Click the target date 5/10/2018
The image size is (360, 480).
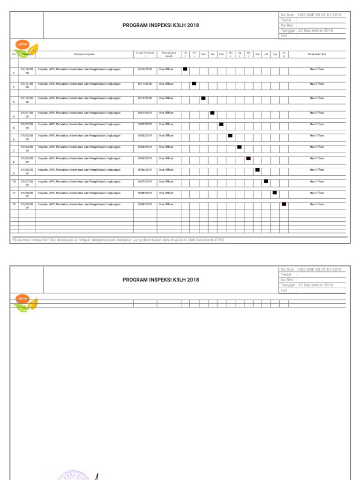point(145,69)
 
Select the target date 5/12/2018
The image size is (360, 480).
point(145,98)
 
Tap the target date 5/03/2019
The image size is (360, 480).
point(145,135)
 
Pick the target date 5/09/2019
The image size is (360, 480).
point(145,204)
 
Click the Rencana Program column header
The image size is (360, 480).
point(84,54)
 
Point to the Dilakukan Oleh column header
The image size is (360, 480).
point(317,54)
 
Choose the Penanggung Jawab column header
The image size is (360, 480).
point(169,54)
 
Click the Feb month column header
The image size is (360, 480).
point(221,54)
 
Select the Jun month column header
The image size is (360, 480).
point(257,54)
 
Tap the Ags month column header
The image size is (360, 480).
point(275,54)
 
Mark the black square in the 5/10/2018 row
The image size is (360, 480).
point(185,69)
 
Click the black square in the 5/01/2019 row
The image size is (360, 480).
point(212,113)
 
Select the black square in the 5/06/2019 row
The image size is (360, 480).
point(257,170)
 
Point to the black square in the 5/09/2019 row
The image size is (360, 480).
point(284,204)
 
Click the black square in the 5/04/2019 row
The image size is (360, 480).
point(240,147)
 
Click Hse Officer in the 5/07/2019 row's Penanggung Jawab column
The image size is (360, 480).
point(166,181)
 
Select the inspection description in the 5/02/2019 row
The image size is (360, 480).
point(79,124)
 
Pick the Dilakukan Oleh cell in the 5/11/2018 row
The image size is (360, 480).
point(317,84)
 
